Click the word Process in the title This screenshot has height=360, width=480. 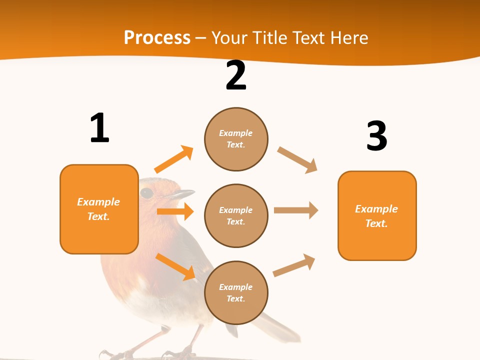point(157,37)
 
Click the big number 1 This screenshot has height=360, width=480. point(99,128)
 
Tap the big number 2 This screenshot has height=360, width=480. point(236,75)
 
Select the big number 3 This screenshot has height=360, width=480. point(376,136)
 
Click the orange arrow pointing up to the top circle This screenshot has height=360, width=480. point(173,159)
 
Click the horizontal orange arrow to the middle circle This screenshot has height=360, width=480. point(174,211)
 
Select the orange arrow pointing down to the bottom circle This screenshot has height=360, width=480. point(174,266)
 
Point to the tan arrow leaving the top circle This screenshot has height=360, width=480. point(297,160)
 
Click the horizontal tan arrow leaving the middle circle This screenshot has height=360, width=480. point(295,210)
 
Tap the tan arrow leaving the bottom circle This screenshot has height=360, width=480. point(294,265)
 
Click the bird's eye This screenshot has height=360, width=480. point(146,192)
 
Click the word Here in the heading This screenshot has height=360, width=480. point(349,37)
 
